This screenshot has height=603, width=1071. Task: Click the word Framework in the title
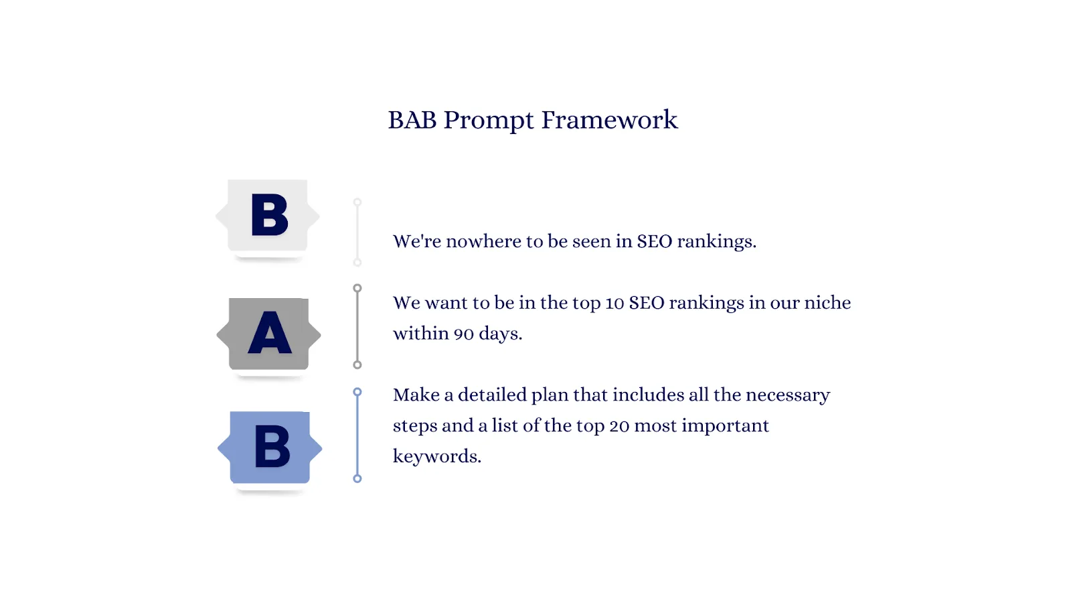pyautogui.click(x=610, y=120)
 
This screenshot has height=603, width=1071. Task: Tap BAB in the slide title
pyautogui.click(x=412, y=120)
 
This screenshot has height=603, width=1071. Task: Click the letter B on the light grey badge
pyautogui.click(x=270, y=214)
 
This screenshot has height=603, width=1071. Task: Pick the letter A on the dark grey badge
pyautogui.click(x=270, y=332)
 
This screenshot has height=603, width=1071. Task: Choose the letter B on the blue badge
pyautogui.click(x=272, y=446)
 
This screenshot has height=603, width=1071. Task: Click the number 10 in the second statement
pyautogui.click(x=614, y=303)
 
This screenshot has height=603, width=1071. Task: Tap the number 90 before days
pyautogui.click(x=464, y=334)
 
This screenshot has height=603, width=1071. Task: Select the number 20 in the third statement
pyautogui.click(x=619, y=425)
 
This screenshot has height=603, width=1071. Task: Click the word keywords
pyautogui.click(x=437, y=456)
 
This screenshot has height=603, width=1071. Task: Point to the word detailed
pyautogui.click(x=493, y=395)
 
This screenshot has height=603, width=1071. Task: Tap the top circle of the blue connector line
pyautogui.click(x=357, y=393)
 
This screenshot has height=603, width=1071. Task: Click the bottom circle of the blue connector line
pyautogui.click(x=357, y=478)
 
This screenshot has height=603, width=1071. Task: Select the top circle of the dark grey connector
pyautogui.click(x=357, y=288)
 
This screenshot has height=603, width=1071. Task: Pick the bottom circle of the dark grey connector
pyautogui.click(x=357, y=365)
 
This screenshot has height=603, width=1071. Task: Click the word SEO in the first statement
pyautogui.click(x=655, y=241)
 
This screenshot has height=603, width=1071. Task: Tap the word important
pyautogui.click(x=726, y=426)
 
